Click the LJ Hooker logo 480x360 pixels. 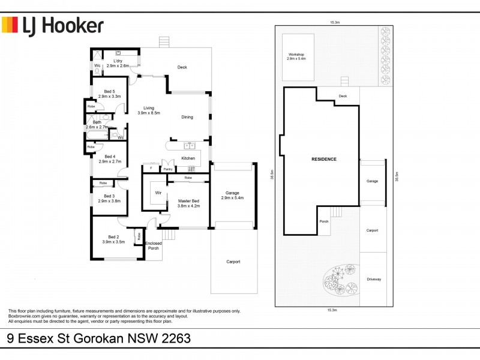pyautogui.click(x=53, y=25)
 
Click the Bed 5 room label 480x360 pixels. pyautogui.click(x=110, y=91)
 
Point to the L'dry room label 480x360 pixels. pyautogui.click(x=118, y=61)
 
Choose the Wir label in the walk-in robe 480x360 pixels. pyautogui.click(x=158, y=193)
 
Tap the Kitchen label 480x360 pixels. pyautogui.click(x=188, y=158)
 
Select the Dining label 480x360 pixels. pyautogui.click(x=187, y=117)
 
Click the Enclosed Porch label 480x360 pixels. pyautogui.click(x=154, y=246)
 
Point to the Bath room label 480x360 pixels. pyautogui.click(x=97, y=122)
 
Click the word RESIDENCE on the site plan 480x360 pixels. pyautogui.click(x=324, y=159)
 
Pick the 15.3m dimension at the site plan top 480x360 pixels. pyautogui.click(x=335, y=22)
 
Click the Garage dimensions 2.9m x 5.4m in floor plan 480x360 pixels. pyautogui.click(x=233, y=197)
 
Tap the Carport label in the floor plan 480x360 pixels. pyautogui.click(x=233, y=262)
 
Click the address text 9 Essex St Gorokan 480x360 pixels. pyautogui.click(x=99, y=338)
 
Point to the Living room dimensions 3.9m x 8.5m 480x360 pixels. pyautogui.click(x=149, y=113)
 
